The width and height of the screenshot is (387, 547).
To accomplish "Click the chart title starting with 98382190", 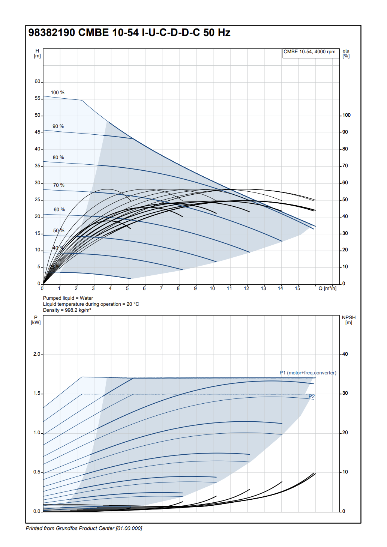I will pos(129,33).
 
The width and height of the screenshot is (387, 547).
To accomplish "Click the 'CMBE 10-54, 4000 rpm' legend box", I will pos(309,52).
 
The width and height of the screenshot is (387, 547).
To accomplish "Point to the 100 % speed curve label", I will pos(57,93).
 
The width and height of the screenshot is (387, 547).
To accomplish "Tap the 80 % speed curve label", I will pos(58,158).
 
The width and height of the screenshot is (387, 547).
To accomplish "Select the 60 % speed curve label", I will pos(59,210).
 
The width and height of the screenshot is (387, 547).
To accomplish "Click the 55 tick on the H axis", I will pos(37,98).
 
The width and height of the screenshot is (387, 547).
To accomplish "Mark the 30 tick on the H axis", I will pos(37,183).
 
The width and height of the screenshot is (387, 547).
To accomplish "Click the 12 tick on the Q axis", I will pos(246,289).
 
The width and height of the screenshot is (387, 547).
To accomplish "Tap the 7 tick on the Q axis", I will pos(161,289).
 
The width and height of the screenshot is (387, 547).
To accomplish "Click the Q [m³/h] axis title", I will pos(327,289).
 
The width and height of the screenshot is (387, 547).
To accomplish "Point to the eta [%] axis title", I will pos(346,53).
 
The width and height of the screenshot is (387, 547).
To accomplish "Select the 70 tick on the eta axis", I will pos(345,166).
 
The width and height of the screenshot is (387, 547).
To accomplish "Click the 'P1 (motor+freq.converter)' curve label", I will pos(307,373).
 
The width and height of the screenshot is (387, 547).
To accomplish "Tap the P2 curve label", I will pos(312,397).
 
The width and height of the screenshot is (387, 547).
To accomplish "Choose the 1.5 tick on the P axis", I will pos(37,394).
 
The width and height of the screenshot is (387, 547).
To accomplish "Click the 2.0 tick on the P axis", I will pos(37,354).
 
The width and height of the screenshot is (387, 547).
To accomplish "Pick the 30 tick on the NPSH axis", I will pos(345,393).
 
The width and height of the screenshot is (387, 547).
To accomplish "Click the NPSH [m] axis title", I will pos(349,320).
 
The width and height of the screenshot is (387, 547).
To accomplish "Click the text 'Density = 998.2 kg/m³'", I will pos(67,310).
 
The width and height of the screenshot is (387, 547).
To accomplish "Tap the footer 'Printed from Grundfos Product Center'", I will pos(84,529).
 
